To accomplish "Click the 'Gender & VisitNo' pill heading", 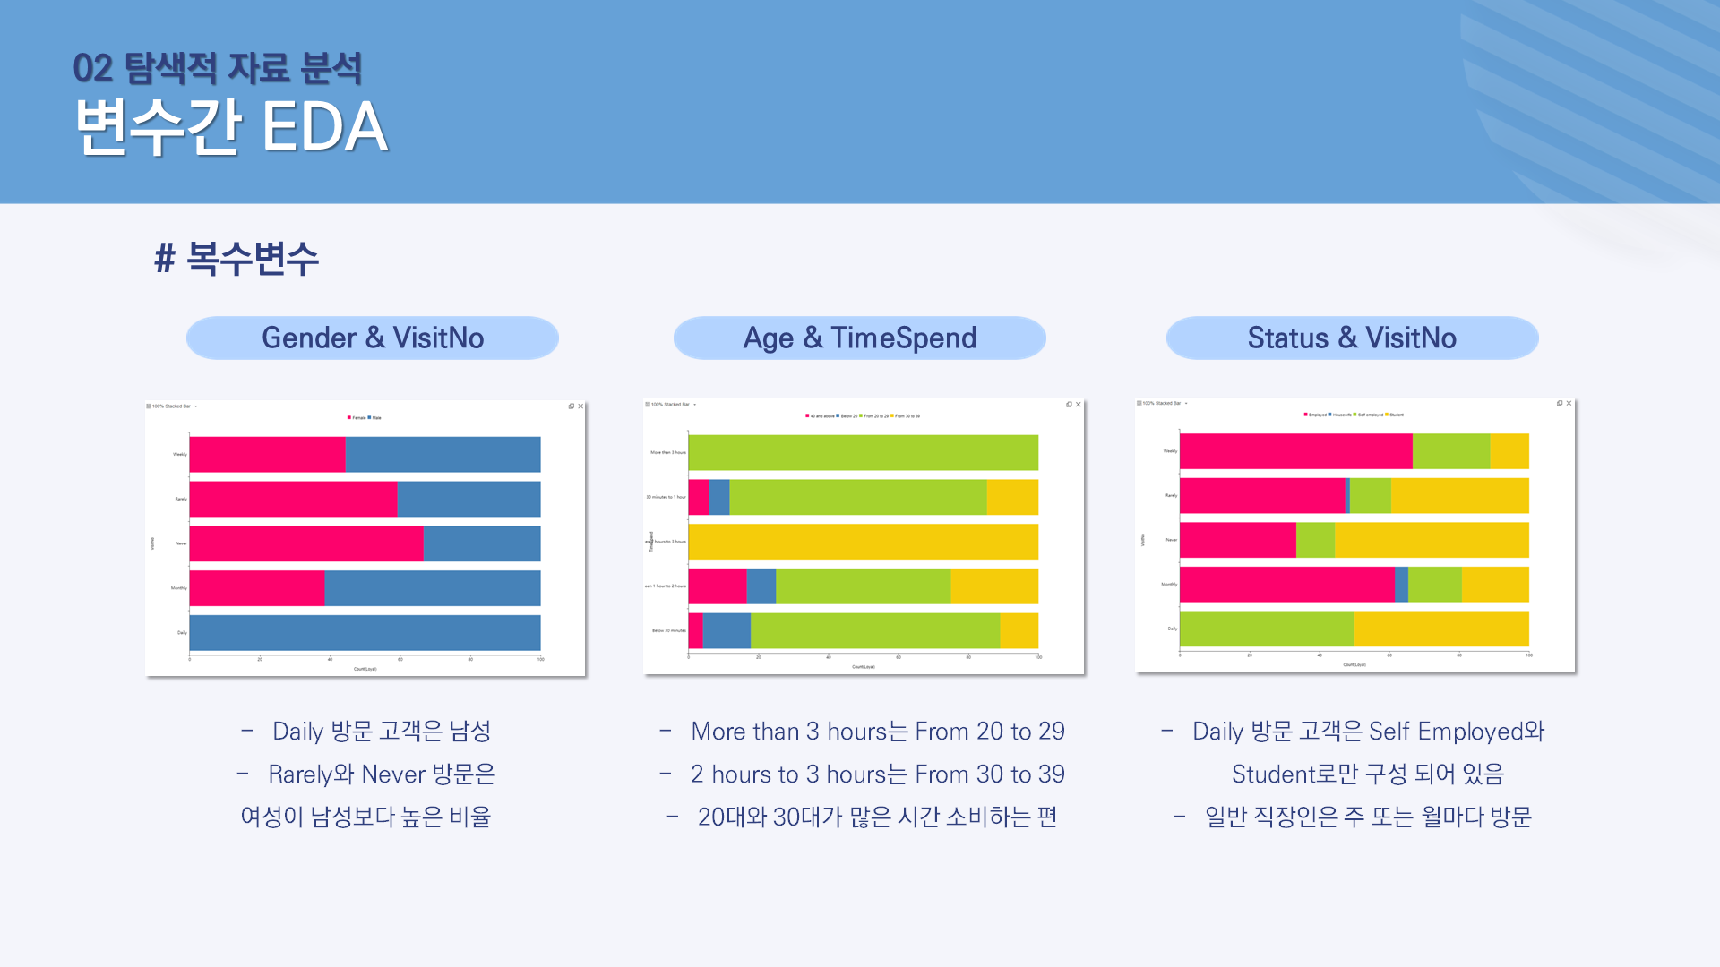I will coord(372,338).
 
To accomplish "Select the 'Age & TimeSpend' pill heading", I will coord(859,338).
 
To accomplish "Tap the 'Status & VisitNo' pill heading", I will coord(1352,338).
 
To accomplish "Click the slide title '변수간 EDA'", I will coord(231,126).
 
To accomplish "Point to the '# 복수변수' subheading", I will coord(236,258).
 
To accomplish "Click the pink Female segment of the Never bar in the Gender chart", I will coord(305,543).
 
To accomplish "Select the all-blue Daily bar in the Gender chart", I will coord(365,632).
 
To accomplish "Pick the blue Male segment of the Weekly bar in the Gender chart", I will coord(443,455).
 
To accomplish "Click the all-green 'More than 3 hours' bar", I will coord(863,452).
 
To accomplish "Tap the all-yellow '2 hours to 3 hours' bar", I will coord(863,542).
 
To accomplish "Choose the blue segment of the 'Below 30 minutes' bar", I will coord(727,630).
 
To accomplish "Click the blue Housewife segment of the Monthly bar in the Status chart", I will coord(1401,585).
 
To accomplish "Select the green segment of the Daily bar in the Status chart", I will coord(1267,629).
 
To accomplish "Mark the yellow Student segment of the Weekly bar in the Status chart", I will coord(1509,451).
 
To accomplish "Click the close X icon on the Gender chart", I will coord(580,406).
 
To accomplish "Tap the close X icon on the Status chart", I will coord(1569,404).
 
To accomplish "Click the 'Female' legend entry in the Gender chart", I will coord(357,418).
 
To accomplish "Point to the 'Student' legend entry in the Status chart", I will coord(1395,415).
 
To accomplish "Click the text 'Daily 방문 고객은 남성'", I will coord(381,731).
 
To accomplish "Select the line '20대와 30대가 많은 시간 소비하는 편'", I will coord(877,817).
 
